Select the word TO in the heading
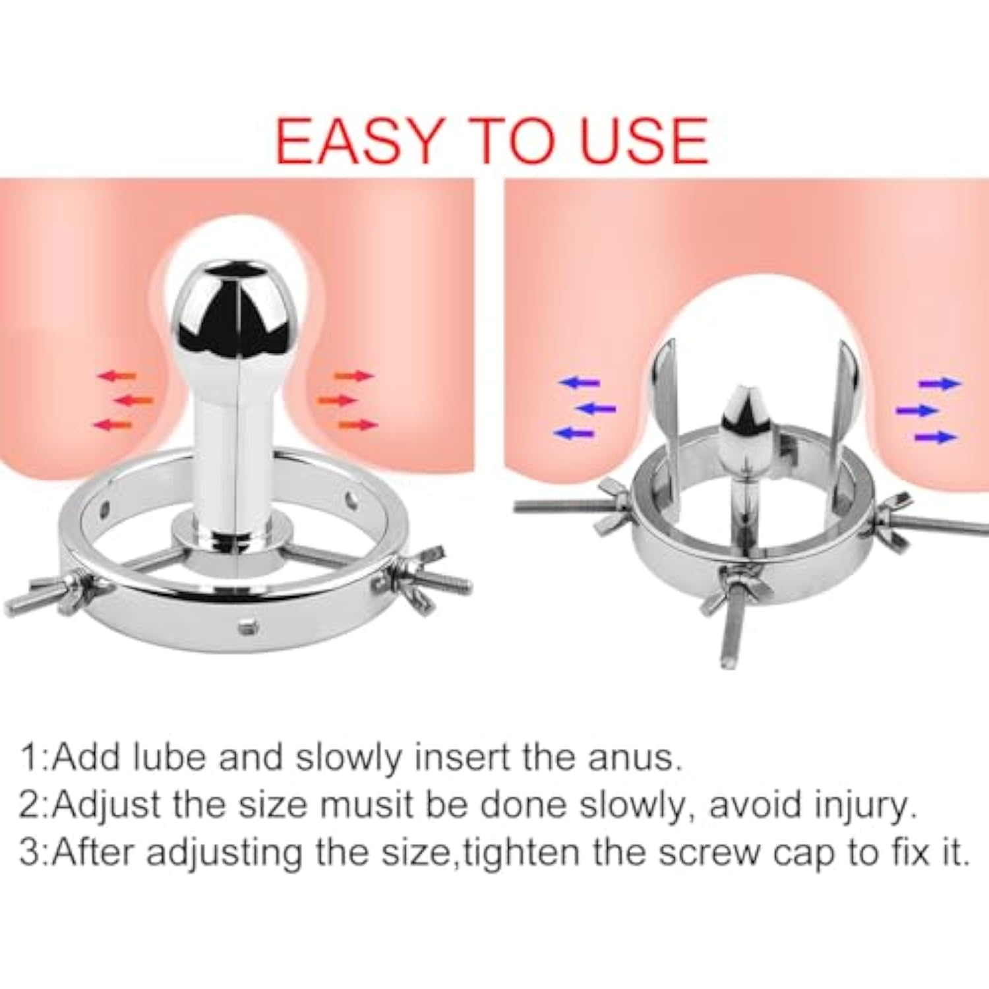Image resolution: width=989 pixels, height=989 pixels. [x=512, y=141]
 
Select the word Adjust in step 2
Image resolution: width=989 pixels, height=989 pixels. [x=106, y=806]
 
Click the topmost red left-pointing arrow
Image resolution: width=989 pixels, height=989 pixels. [x=117, y=376]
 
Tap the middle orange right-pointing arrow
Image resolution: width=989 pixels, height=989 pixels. [x=336, y=400]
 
